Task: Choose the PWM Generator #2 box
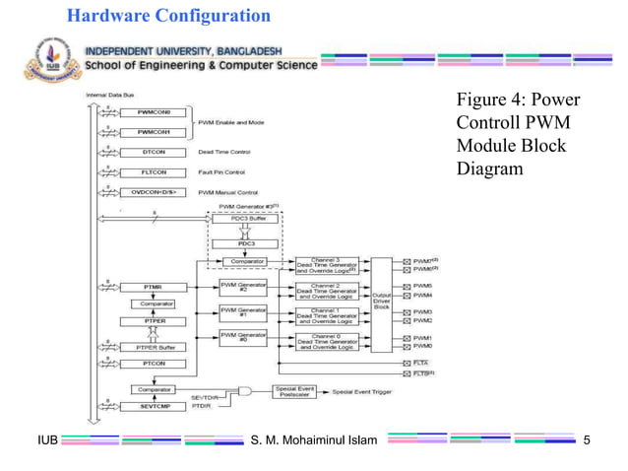click(243, 287)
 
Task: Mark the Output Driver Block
click(381, 300)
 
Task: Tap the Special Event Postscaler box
click(292, 391)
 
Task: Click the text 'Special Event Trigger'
click(373, 391)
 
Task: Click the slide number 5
click(588, 438)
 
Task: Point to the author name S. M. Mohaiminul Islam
click(314, 438)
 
